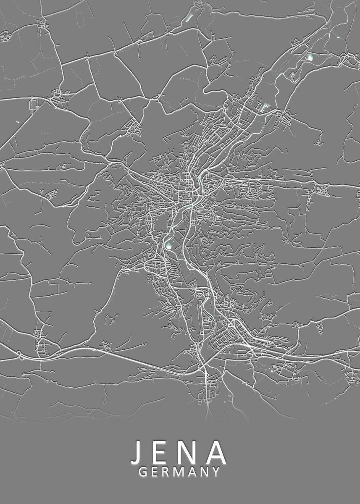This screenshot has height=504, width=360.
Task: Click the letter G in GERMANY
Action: click(x=142, y=472)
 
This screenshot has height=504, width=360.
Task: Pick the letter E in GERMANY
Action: click(x=155, y=472)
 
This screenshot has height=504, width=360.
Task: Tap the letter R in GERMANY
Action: click(x=166, y=472)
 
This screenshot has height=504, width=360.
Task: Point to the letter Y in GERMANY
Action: click(x=215, y=472)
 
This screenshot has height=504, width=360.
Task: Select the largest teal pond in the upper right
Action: click(x=310, y=57)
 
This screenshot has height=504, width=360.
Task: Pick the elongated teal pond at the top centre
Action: click(x=189, y=18)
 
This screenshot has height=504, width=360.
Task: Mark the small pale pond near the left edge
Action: click(x=17, y=122)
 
